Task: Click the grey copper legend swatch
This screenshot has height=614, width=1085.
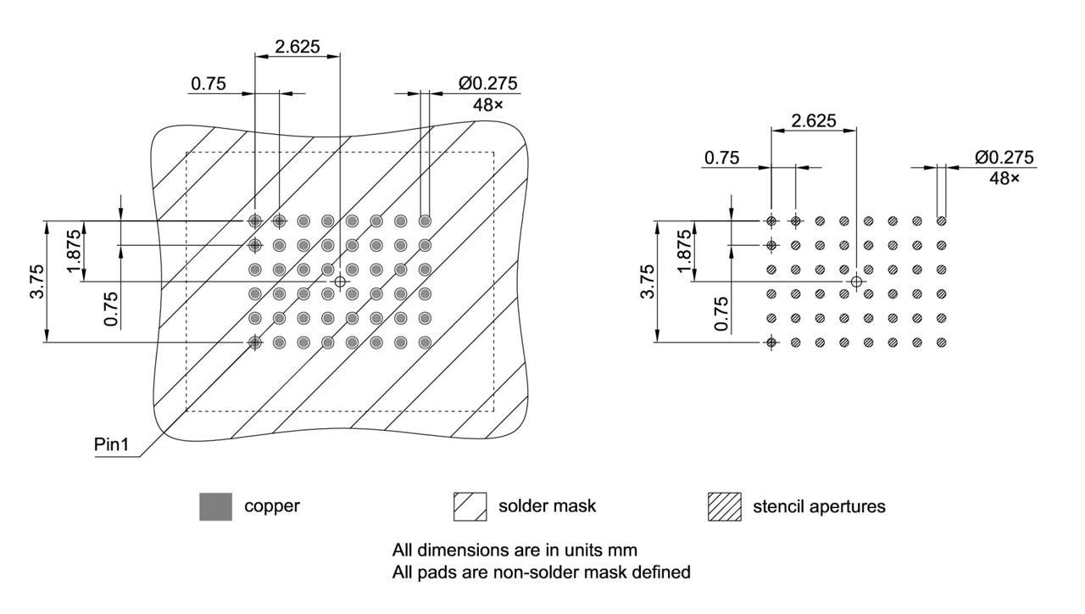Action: [x=215, y=506]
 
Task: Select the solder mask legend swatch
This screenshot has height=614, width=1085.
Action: [x=470, y=506]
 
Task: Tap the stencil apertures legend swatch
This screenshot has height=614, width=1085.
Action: [x=724, y=506]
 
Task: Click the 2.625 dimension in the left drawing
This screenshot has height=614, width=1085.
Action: [x=298, y=47]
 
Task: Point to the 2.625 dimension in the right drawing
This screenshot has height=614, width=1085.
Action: [x=813, y=121]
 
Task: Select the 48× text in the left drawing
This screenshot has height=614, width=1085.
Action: [x=487, y=105]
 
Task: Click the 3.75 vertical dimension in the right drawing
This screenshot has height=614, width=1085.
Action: [x=647, y=282]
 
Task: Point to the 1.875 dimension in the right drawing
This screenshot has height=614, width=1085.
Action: [x=685, y=251]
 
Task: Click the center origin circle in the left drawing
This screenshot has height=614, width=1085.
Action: [x=340, y=281]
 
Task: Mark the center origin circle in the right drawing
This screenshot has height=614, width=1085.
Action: [x=856, y=281]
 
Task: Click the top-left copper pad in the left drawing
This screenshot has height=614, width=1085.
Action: [x=254, y=221]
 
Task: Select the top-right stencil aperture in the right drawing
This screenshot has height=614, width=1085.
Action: [x=942, y=221]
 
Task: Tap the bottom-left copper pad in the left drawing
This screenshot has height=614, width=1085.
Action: [x=254, y=343]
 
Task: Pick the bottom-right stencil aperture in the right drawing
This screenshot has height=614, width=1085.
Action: [x=942, y=343]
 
